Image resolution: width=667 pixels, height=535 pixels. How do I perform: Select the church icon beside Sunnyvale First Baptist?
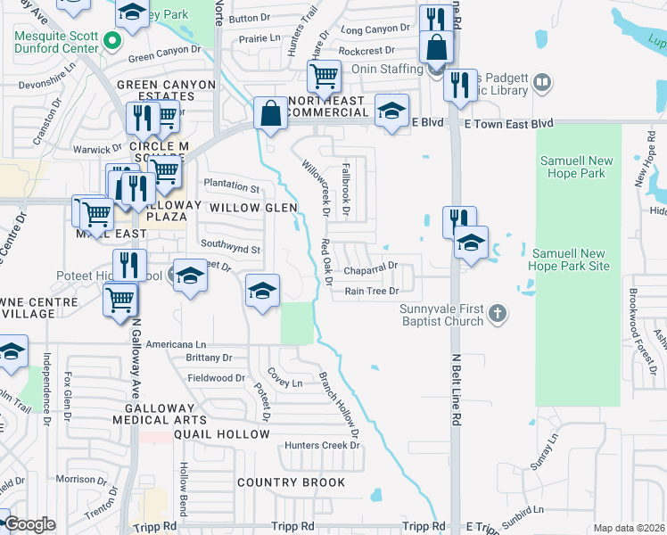[498, 313]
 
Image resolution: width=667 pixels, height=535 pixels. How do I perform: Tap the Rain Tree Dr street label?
[371, 291]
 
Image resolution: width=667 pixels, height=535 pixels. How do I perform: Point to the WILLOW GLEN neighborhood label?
[252, 208]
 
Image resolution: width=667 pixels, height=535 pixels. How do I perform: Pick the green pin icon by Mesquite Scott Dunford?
[111, 41]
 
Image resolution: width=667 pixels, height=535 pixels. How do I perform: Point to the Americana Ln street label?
[176, 344]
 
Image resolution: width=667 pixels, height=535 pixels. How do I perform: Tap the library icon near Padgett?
[541, 84]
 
